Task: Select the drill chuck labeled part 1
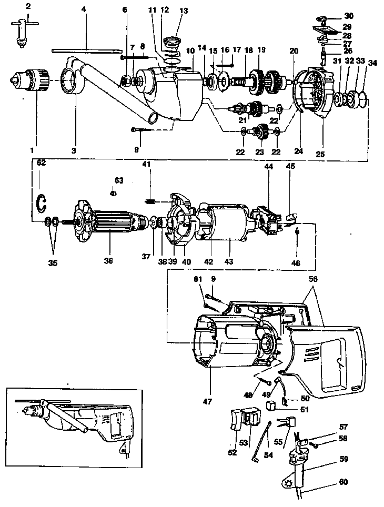[32, 80]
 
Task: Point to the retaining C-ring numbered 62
[42, 202]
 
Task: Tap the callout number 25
[320, 154]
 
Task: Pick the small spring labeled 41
[151, 200]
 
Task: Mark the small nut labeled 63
[112, 194]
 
